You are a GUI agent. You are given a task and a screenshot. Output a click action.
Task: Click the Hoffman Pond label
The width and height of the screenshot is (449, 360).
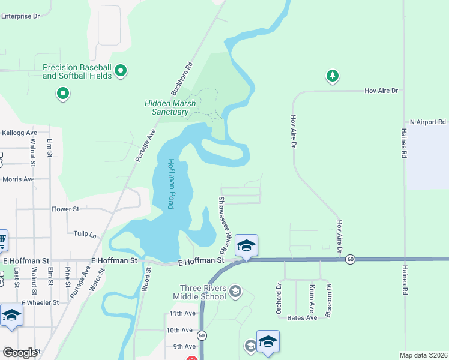click(171, 184)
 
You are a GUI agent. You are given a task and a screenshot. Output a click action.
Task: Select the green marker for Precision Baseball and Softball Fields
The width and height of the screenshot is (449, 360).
click(121, 71)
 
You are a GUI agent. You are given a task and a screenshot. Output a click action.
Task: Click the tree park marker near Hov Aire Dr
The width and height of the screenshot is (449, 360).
click(332, 76)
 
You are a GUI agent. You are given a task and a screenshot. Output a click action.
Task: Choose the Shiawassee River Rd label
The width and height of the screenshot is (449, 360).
click(223, 224)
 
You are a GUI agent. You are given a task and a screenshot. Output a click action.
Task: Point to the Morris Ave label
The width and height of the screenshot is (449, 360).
click(18, 179)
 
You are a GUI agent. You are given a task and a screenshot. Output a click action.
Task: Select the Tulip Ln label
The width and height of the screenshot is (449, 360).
click(85, 233)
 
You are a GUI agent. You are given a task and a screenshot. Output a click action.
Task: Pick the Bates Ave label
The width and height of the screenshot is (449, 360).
click(302, 317)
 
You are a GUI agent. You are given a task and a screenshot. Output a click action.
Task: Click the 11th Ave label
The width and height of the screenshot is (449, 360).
click(182, 313)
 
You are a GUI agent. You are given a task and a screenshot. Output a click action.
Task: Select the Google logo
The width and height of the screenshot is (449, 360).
click(20, 353)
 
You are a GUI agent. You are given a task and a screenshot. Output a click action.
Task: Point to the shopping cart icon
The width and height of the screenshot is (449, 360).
click(2, 241)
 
